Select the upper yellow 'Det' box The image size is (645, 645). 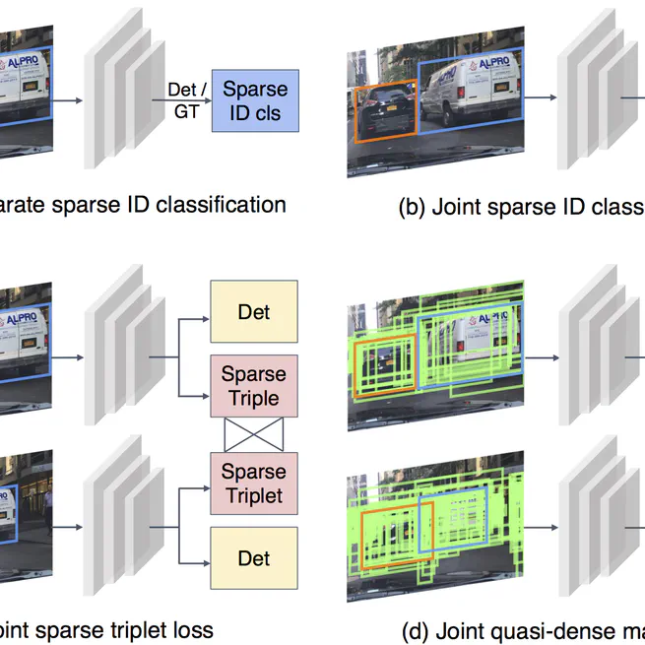tap(253, 312)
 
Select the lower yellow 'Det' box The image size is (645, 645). tap(253, 558)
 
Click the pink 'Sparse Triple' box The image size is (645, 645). tap(253, 386)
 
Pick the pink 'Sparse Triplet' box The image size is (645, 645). tap(253, 484)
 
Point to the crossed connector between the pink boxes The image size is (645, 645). tap(253, 435)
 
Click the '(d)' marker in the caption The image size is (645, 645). tap(417, 631)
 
